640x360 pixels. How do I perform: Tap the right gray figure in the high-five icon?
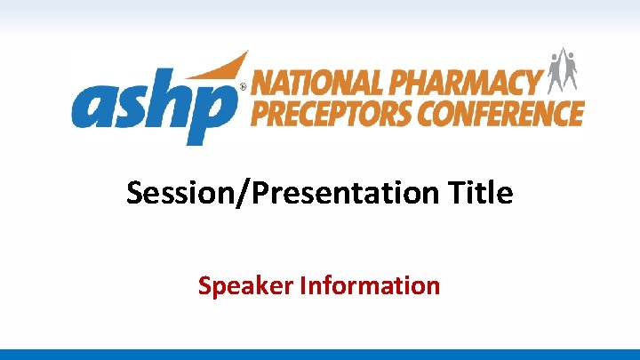pos(572,75)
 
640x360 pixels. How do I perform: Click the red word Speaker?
pos(246,286)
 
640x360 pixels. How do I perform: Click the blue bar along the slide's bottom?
pos(320,354)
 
